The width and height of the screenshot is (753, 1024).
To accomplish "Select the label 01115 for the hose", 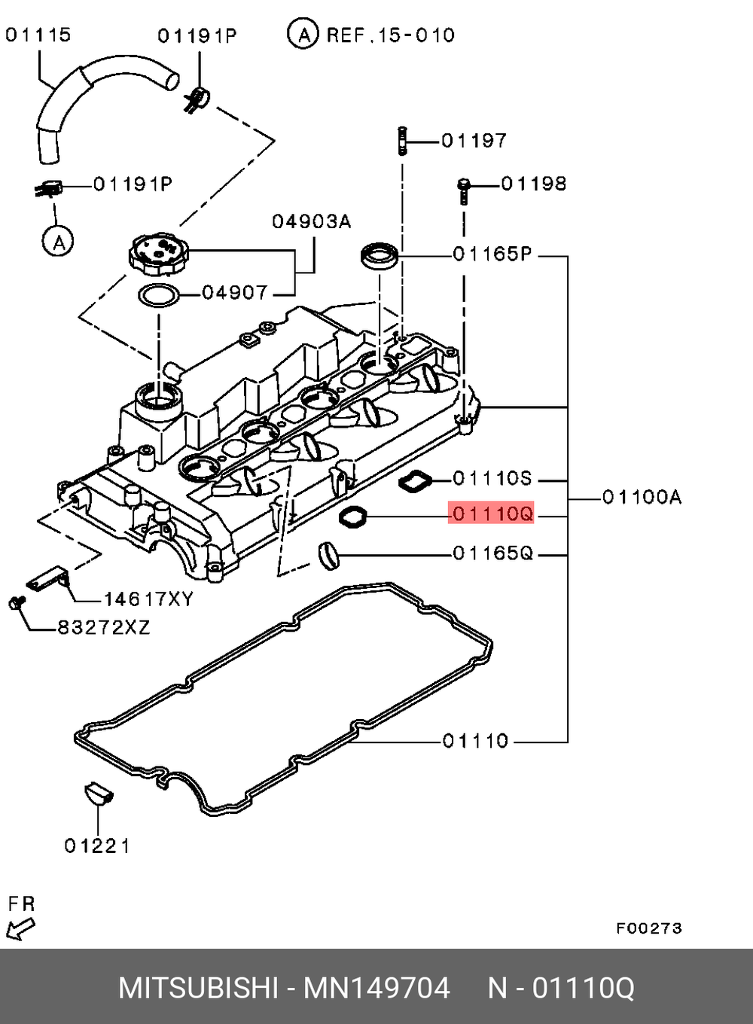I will [x=38, y=35].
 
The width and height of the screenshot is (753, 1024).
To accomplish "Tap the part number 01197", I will [x=474, y=140].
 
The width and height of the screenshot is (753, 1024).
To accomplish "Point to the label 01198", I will [x=533, y=183].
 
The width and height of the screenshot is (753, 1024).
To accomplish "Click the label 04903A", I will [x=311, y=221].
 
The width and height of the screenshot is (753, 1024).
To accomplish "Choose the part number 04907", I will [x=234, y=292].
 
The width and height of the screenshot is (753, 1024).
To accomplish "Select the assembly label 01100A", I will [x=642, y=497].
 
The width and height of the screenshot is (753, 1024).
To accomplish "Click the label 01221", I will [x=97, y=846].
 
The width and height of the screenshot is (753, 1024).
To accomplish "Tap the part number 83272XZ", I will [x=104, y=627].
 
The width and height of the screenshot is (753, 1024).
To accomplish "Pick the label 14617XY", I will [x=148, y=599].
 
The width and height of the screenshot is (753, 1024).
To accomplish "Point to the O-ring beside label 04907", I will [x=159, y=296].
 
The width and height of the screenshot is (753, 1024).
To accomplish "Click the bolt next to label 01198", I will [x=464, y=190].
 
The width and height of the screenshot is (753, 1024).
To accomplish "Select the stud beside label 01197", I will [x=402, y=140].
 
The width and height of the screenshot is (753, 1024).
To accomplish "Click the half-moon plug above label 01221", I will [x=97, y=794].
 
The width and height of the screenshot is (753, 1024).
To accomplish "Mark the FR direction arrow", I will [x=20, y=930].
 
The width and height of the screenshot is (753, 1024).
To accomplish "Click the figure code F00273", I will [x=648, y=928].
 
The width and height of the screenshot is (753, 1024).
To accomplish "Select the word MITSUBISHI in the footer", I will [x=198, y=988].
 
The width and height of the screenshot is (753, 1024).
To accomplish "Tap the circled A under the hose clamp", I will [x=58, y=242].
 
